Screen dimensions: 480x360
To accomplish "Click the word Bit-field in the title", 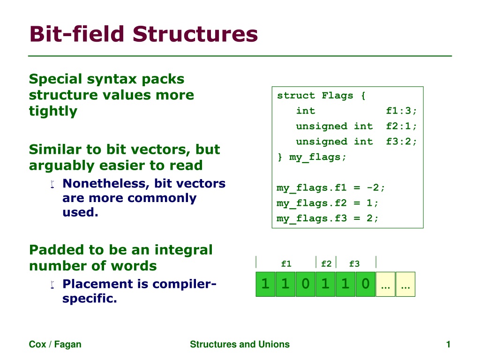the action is (x=77, y=34).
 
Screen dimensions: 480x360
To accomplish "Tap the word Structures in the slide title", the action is (x=195, y=34).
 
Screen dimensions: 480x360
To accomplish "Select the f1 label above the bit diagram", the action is (x=286, y=263).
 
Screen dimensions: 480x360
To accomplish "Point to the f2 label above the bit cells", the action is (x=326, y=263).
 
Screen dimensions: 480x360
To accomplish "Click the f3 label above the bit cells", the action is (x=354, y=263).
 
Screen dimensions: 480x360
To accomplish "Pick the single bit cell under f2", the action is (x=326, y=284).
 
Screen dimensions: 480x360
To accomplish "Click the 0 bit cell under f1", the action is (x=306, y=284).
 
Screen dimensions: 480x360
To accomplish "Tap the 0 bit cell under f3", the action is (x=366, y=284).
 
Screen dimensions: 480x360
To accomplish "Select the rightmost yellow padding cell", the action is (x=405, y=284).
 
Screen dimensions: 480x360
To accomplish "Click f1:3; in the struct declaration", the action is (x=401, y=111).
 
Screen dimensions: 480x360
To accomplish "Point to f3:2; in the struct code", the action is (x=401, y=142).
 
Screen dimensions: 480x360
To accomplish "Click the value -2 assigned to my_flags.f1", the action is (x=373, y=187).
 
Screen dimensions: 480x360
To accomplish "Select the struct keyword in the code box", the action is (x=296, y=96).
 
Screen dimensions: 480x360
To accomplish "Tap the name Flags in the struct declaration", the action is (x=337, y=96).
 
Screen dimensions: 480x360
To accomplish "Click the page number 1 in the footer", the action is (x=448, y=345).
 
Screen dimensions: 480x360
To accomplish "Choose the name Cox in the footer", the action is (x=37, y=345).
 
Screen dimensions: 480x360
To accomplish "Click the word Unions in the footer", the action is (x=274, y=345).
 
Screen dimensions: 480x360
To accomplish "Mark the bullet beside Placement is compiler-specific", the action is (x=52, y=285).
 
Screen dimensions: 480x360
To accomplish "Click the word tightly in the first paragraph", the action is (x=53, y=111).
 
